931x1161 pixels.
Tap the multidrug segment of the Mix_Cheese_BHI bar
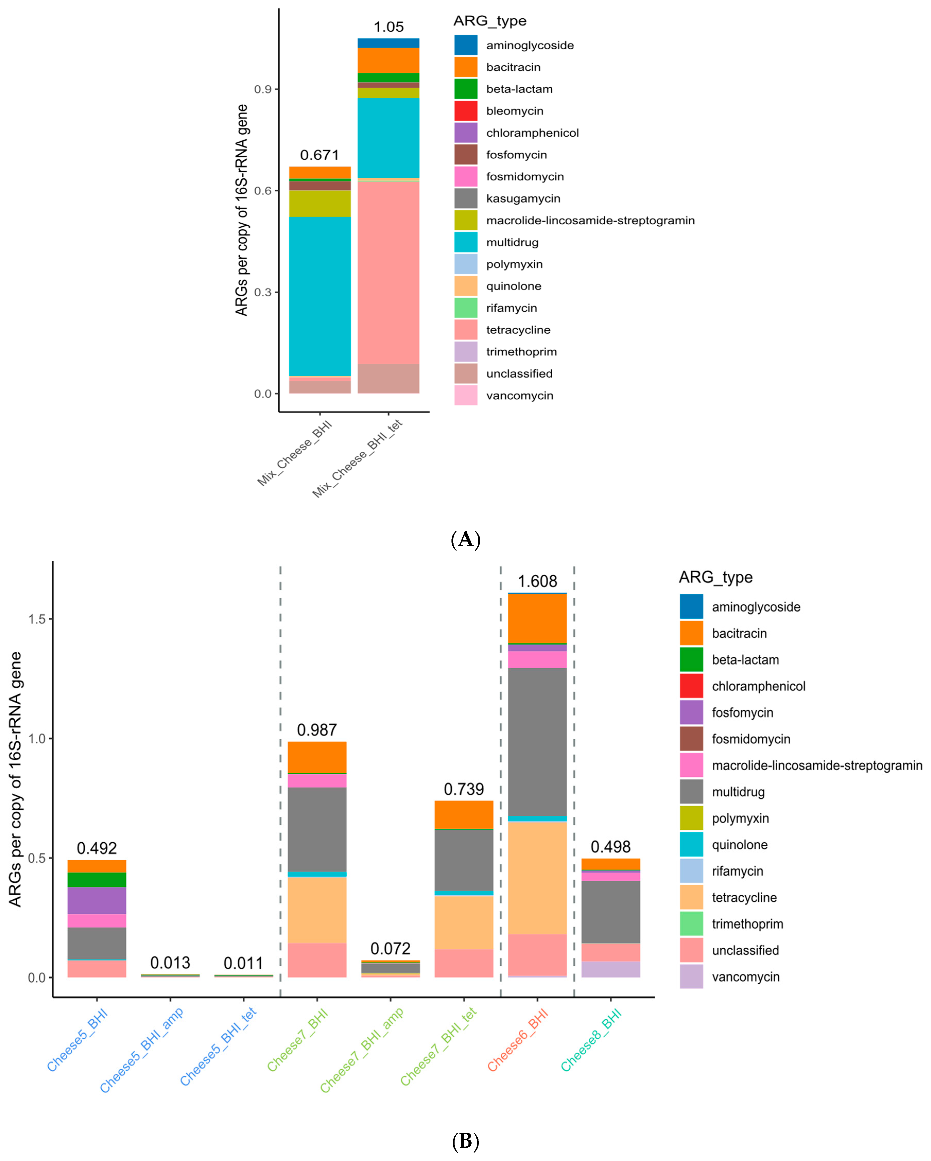click(320, 296)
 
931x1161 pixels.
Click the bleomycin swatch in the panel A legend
click(465, 111)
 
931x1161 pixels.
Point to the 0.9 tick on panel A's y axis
click(263, 89)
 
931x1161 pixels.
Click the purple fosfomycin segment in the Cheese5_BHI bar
click(97, 900)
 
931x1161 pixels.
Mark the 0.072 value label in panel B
click(390, 948)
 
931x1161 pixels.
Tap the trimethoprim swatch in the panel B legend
click(691, 924)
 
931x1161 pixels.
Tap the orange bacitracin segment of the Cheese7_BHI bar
click(317, 757)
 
